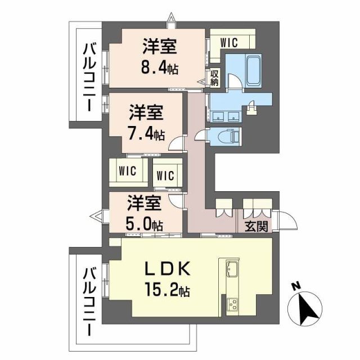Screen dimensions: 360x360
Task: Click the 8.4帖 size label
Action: tap(159, 69)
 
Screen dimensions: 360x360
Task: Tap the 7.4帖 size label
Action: tap(145, 136)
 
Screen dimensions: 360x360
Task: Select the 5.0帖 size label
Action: tap(145, 224)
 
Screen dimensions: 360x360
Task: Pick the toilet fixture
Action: tap(228, 136)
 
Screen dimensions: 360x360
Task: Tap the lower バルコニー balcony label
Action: tap(89, 303)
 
